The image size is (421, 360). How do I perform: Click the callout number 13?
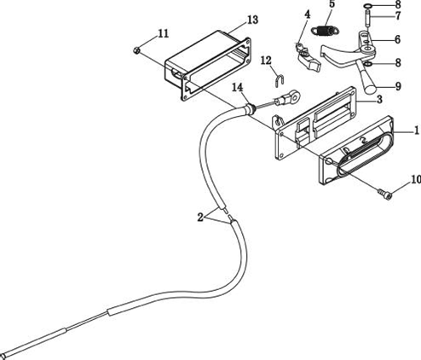click(252, 20)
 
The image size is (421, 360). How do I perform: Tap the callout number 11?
click(163, 33)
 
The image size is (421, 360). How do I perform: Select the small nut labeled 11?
click(136, 50)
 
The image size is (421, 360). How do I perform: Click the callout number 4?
click(307, 15)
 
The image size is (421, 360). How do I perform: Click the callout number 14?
click(238, 88)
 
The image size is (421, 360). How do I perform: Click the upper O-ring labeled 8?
click(368, 6)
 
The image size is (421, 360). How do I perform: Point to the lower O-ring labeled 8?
click(367, 64)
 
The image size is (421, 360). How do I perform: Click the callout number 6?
click(397, 39)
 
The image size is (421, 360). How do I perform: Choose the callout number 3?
click(379, 99)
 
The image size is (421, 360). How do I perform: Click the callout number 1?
click(417, 131)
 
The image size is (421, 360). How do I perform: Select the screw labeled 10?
click(385, 194)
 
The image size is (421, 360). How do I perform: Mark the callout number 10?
click(416, 179)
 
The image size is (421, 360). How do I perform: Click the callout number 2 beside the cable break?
click(200, 218)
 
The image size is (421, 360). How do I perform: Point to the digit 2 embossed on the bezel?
click(363, 140)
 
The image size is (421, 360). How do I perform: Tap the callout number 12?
click(266, 61)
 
